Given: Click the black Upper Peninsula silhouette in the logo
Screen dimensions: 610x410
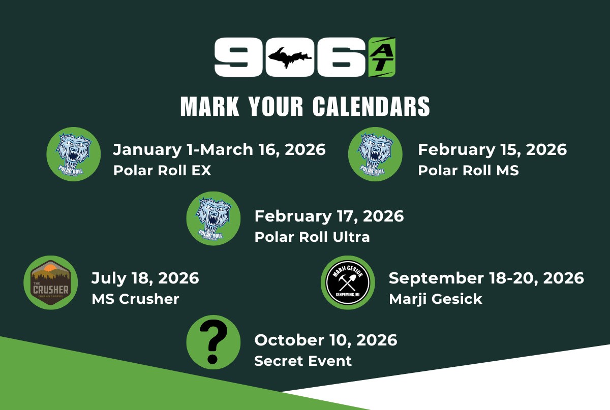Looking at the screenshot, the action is pyautogui.click(x=289, y=58).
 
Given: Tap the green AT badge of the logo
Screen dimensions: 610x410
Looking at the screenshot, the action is pyautogui.click(x=382, y=57).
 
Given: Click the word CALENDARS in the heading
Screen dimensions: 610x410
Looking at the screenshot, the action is pyautogui.click(x=371, y=107).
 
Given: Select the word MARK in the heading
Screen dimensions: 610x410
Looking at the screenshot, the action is pyautogui.click(x=209, y=107).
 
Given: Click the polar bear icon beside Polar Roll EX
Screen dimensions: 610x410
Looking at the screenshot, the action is pyautogui.click(x=74, y=154).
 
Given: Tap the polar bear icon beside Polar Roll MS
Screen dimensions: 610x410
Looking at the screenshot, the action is pyautogui.click(x=375, y=154).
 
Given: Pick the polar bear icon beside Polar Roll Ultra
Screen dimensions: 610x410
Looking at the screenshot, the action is pyautogui.click(x=213, y=218).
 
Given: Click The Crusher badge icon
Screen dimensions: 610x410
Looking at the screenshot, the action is pyautogui.click(x=51, y=282).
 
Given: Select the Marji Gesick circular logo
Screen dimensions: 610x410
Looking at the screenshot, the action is pyautogui.click(x=348, y=282).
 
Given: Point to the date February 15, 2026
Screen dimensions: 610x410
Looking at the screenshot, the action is pyautogui.click(x=493, y=150).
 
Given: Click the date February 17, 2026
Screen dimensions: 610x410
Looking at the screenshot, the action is pyautogui.click(x=329, y=216).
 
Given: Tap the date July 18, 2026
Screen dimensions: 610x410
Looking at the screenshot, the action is pyautogui.click(x=145, y=278).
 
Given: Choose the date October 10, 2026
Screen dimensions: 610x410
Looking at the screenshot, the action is pyautogui.click(x=326, y=340).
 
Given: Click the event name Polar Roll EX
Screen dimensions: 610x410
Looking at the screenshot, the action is pyautogui.click(x=162, y=170).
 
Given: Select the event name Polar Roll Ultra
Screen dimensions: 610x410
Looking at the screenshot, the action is pyautogui.click(x=312, y=237).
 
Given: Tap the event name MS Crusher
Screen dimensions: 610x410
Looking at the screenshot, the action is pyautogui.click(x=135, y=299).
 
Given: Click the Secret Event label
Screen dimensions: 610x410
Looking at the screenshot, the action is pyautogui.click(x=303, y=361).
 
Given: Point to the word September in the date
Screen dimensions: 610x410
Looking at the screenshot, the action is pyautogui.click(x=436, y=279).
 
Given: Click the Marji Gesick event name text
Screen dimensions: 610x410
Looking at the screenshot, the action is pyautogui.click(x=436, y=299).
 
